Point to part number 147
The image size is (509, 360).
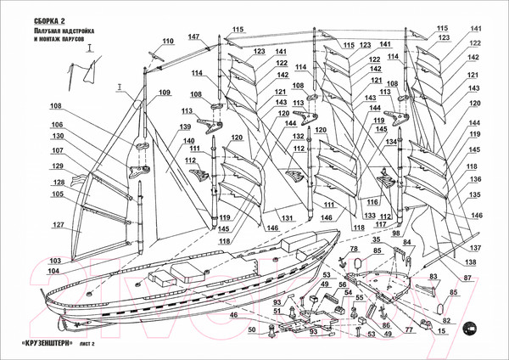pyautogui.click(x=194, y=36)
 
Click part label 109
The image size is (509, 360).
pyautogui.click(x=164, y=93)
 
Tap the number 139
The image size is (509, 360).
pyautogui.click(x=185, y=127)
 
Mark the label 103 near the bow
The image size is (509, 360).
pyautogui.click(x=56, y=260)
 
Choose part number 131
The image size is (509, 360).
pyautogui.click(x=288, y=218)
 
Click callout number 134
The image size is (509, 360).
pyautogui.click(x=392, y=142)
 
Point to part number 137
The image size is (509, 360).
pyautogui.click(x=476, y=247)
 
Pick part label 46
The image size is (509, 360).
pyautogui.click(x=232, y=316)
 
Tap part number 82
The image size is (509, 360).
pyautogui.click(x=446, y=321)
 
